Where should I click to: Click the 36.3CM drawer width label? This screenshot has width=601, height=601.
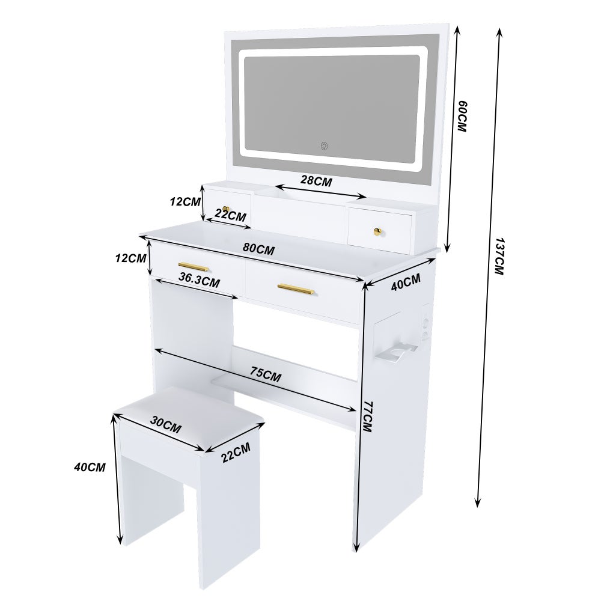tap(199, 280)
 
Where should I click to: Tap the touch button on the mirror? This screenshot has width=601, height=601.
tap(324, 145)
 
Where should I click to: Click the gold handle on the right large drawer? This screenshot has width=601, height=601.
tap(296, 289)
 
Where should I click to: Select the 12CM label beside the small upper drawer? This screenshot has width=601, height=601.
tap(185, 202)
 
